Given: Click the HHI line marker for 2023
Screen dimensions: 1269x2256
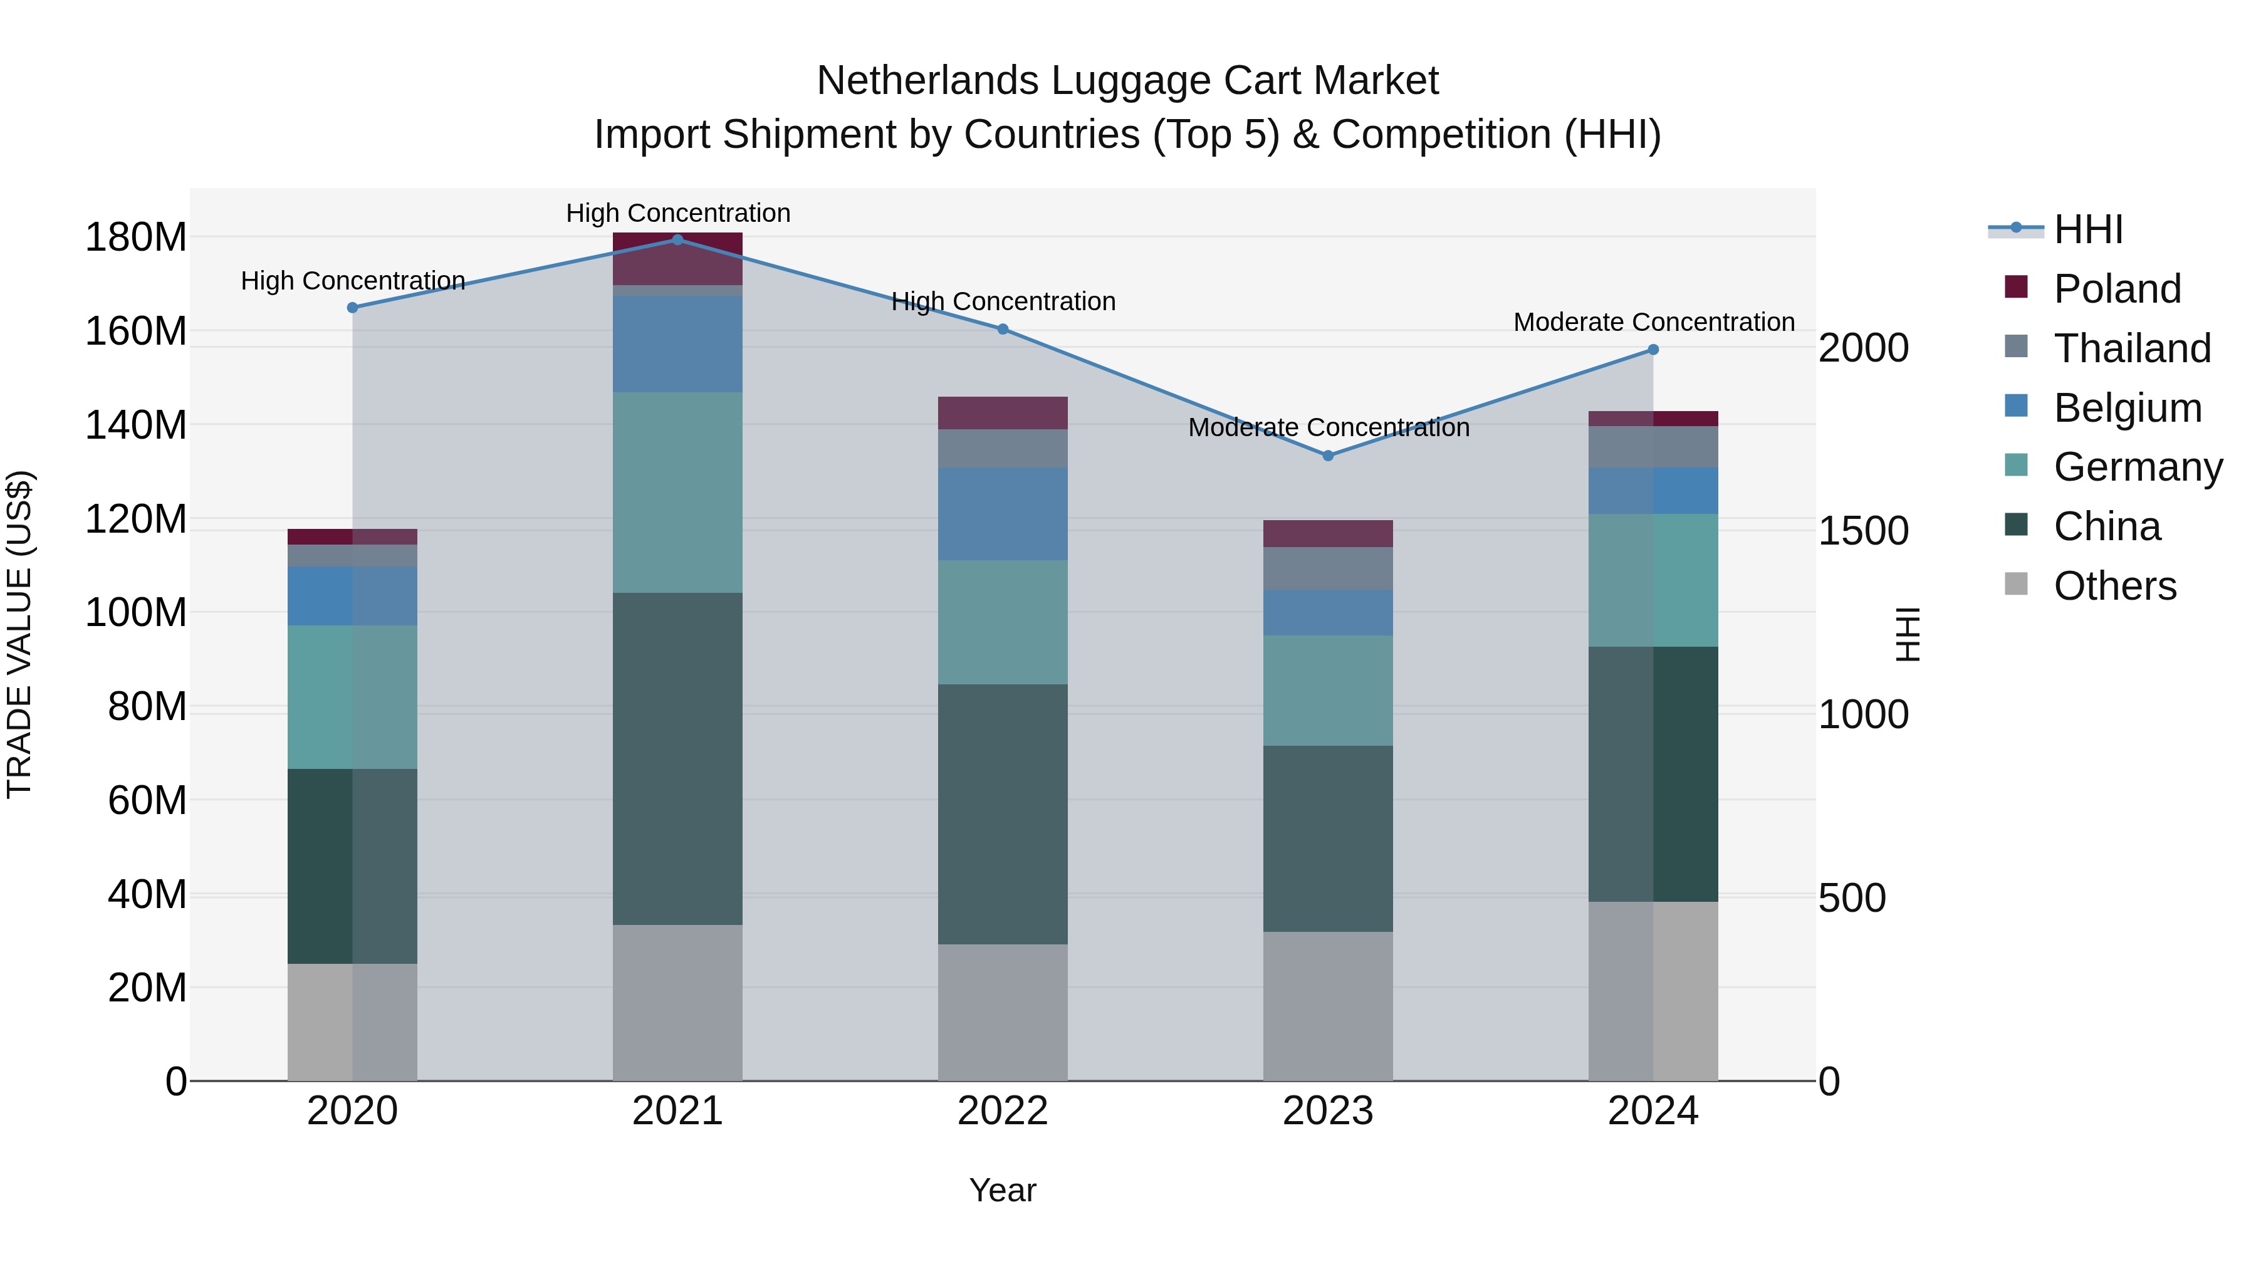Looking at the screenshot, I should coord(1328,456).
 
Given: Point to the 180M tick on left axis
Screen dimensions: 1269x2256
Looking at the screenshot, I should coord(136,238).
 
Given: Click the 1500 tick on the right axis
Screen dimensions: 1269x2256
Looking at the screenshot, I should coord(1863,531).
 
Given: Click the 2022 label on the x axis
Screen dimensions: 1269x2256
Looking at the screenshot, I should coord(1002,1111).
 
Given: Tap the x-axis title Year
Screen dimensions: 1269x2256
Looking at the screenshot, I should coord(1002,1190).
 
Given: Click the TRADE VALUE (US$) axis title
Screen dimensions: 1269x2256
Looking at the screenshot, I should coord(20,634).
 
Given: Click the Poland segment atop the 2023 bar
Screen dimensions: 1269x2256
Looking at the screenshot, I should coord(1328,533).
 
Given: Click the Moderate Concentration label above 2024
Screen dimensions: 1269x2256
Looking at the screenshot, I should coord(1654,322).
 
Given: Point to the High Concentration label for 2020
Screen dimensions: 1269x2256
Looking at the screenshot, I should coord(352,281).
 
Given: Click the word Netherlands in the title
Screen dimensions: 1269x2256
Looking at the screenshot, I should coord(927,81).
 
